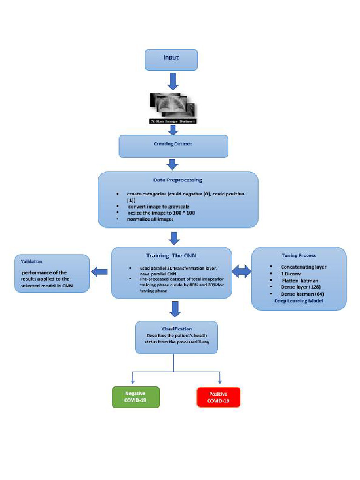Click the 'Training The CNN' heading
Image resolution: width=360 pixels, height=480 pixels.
click(172, 256)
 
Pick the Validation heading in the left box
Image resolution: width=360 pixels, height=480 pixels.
click(29, 262)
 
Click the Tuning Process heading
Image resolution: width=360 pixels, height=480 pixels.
click(299, 255)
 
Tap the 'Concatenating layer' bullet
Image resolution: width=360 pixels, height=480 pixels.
click(303, 267)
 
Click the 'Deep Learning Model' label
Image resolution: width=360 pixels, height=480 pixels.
click(299, 301)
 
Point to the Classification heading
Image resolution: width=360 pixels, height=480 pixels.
click(177, 329)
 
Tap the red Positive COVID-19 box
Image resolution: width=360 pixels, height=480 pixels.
click(218, 397)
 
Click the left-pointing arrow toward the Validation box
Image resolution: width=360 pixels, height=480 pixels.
click(99, 271)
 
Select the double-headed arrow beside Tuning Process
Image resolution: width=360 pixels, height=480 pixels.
click(242, 270)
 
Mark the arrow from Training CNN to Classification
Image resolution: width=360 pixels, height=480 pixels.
click(175, 308)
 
